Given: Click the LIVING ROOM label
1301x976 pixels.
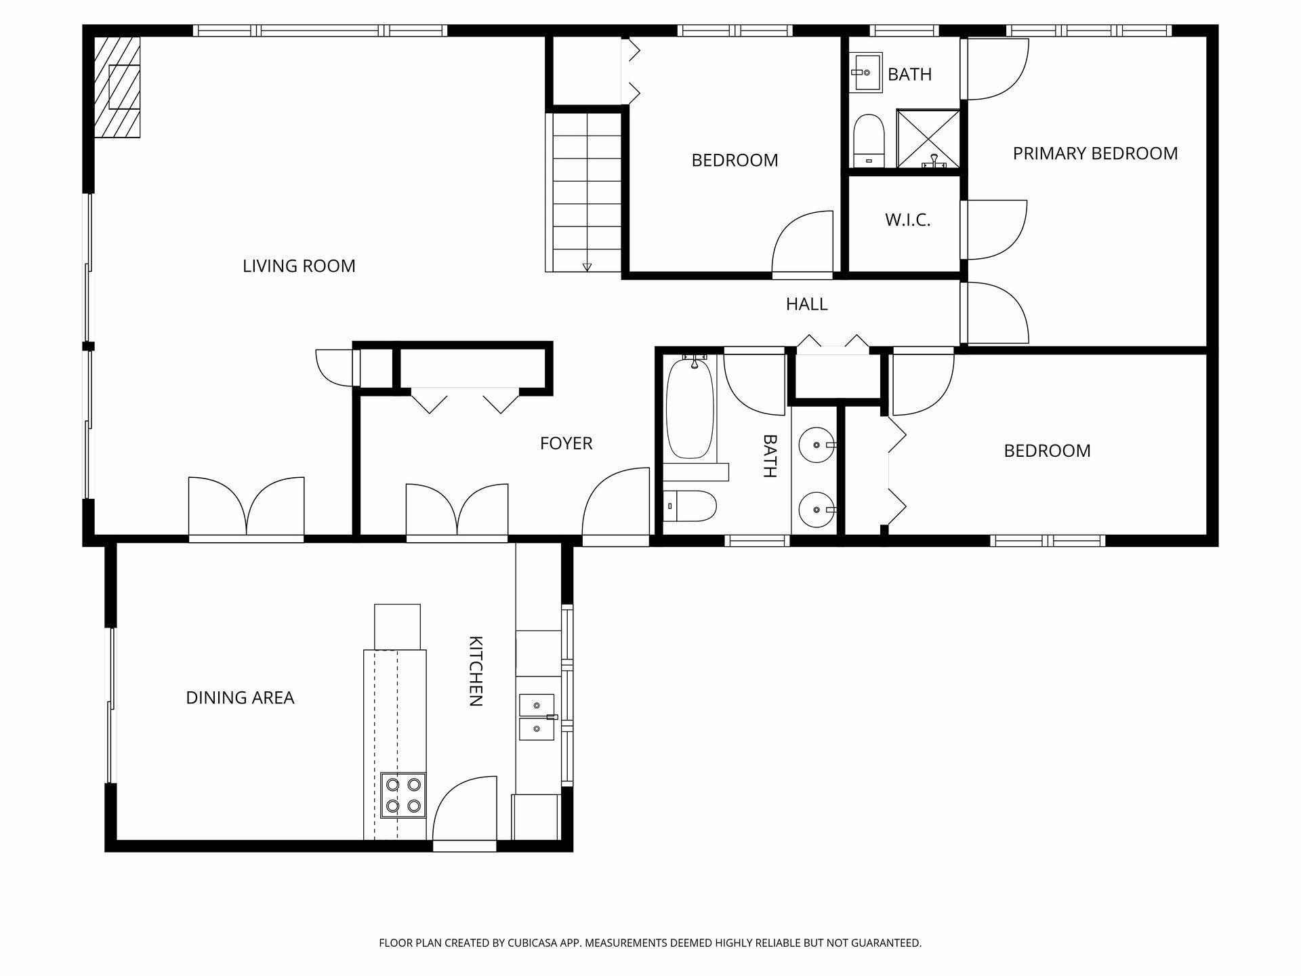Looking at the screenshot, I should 299,266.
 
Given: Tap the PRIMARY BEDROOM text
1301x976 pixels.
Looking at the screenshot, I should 1095,153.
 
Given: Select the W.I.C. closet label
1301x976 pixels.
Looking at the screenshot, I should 907,220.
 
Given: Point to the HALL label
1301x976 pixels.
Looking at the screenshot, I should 806,304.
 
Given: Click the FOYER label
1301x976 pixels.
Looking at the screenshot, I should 566,443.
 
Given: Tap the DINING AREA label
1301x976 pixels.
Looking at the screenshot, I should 240,697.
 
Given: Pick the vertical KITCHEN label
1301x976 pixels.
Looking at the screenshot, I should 476,671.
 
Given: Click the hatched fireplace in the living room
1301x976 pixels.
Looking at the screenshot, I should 117,87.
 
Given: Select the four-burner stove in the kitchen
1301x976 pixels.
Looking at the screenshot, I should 402,795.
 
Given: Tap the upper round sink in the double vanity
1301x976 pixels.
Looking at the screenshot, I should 817,445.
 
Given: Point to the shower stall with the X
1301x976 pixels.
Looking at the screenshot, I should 928,138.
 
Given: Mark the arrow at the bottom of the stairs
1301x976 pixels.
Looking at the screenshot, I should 587,267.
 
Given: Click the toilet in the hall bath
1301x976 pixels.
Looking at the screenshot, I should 689,506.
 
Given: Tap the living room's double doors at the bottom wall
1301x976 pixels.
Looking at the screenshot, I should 246,508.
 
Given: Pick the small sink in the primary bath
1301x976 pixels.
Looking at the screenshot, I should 865,73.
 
